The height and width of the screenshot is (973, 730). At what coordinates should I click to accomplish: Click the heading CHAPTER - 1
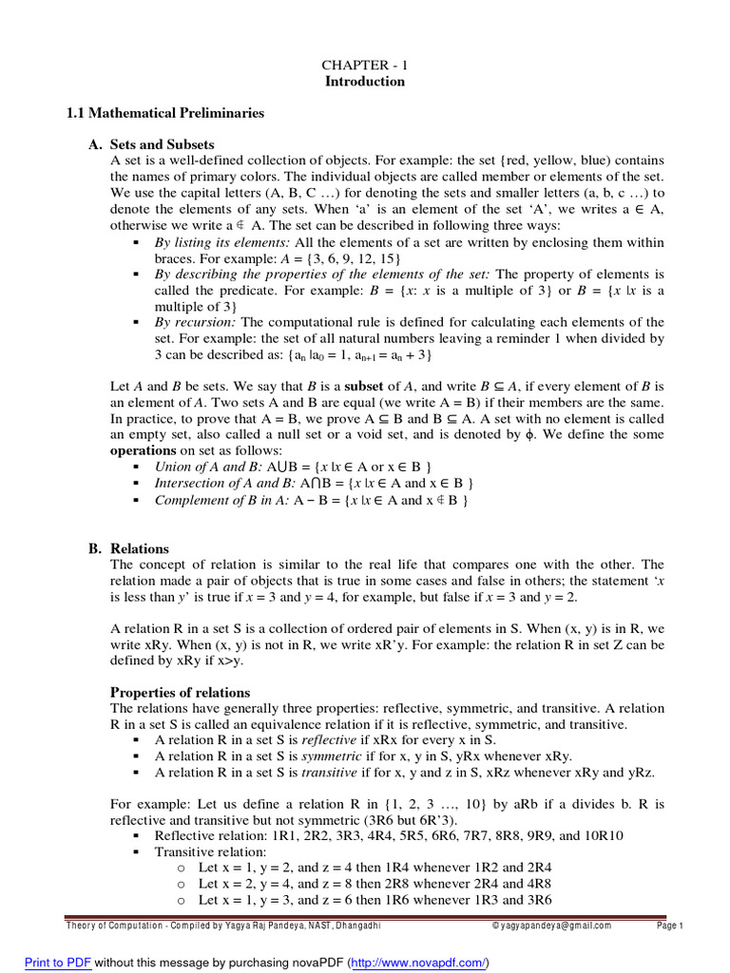click(365, 64)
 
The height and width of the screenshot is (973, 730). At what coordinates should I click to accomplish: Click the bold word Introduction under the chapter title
click(365, 81)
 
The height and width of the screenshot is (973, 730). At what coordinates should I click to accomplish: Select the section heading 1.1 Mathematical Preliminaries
click(165, 113)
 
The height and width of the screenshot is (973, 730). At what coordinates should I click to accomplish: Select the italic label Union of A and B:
click(207, 467)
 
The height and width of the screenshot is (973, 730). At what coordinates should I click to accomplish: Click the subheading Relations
click(140, 548)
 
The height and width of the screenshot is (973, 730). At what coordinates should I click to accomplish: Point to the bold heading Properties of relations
click(181, 692)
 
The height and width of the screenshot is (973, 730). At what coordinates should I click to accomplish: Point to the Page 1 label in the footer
click(670, 925)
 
